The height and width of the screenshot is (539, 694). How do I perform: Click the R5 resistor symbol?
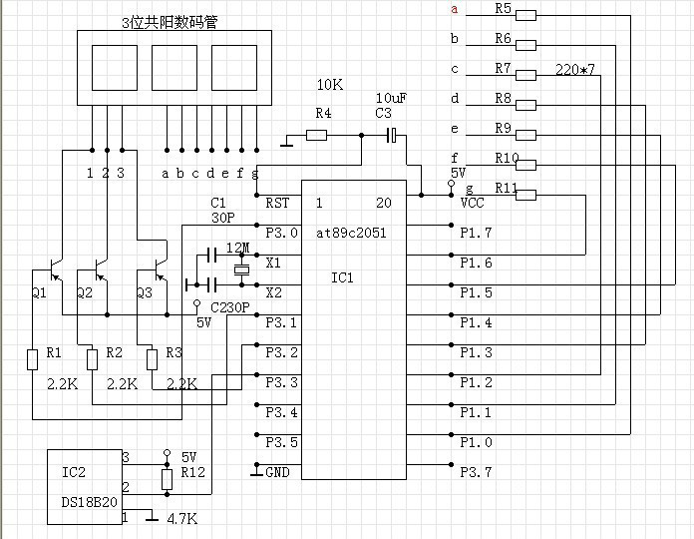pyautogui.click(x=525, y=15)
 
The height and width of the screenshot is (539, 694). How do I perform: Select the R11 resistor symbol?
pyautogui.click(x=525, y=195)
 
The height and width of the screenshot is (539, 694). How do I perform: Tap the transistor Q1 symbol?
pyautogui.click(x=56, y=271)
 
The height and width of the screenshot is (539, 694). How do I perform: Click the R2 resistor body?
pyautogui.click(x=92, y=357)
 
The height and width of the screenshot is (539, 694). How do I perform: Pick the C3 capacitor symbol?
pyautogui.click(x=393, y=135)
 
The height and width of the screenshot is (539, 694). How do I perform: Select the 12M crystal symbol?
pyautogui.click(x=240, y=270)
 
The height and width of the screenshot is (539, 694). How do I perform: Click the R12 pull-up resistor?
pyautogui.click(x=167, y=480)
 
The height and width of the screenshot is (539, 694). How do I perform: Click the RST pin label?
pyautogui.click(x=277, y=203)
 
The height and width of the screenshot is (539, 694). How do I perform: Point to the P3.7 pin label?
pyautogui.click(x=476, y=472)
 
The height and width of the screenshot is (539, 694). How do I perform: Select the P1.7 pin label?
pyautogui.click(x=476, y=233)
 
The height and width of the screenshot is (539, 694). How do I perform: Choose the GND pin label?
pyautogui.click(x=277, y=472)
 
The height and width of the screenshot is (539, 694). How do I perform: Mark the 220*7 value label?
pyautogui.click(x=574, y=72)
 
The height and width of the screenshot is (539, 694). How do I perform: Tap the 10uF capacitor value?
pyautogui.click(x=390, y=98)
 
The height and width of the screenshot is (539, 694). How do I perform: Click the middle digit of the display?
pyautogui.click(x=174, y=68)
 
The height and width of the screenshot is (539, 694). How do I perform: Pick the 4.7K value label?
pyautogui.click(x=181, y=519)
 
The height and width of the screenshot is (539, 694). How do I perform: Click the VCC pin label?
pyautogui.click(x=473, y=203)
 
